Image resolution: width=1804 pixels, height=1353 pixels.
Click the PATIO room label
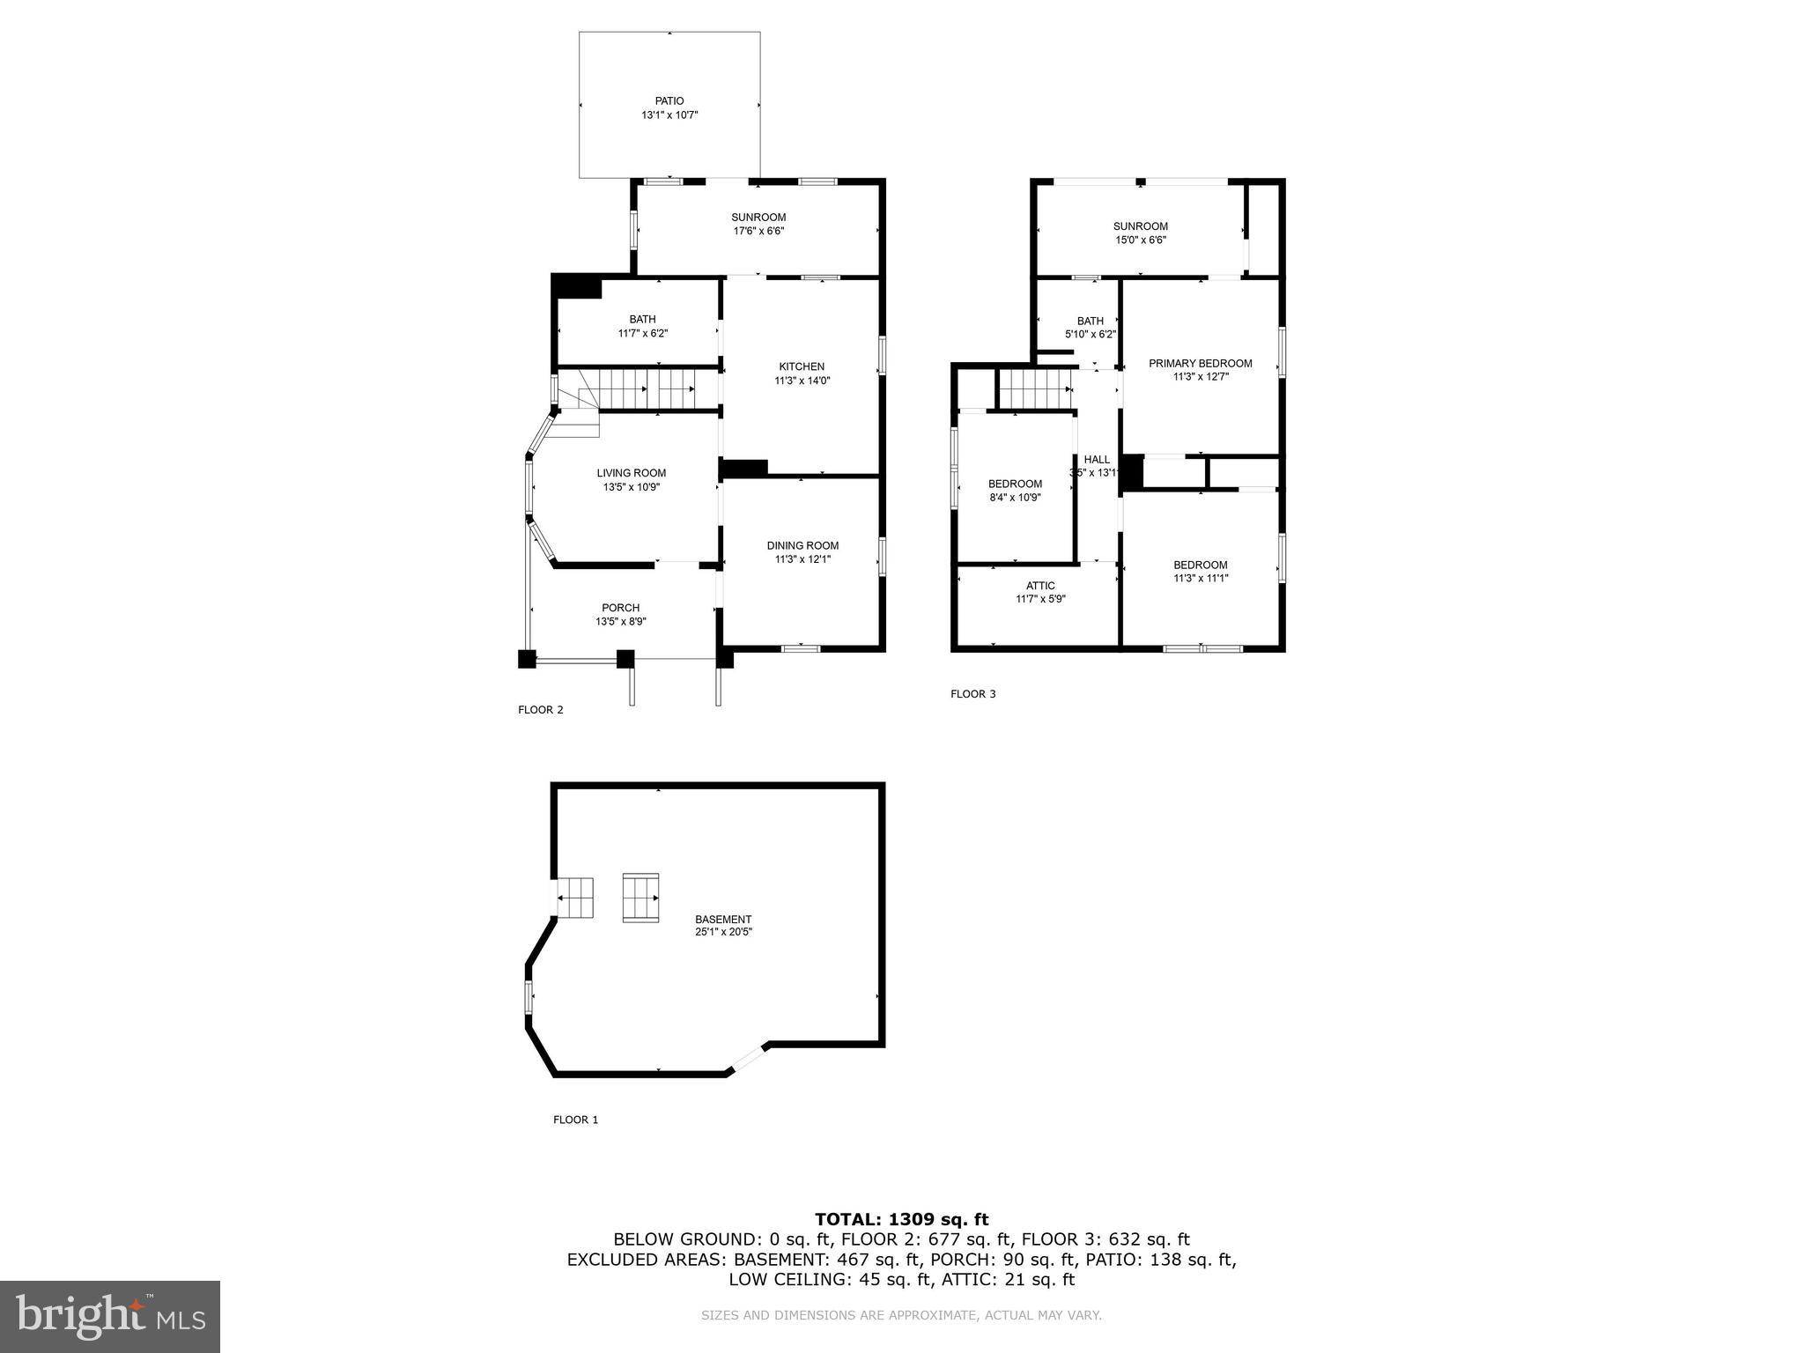[669, 101]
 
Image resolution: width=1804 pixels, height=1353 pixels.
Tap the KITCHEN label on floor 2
[802, 366]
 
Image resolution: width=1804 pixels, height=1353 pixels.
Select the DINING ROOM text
[802, 545]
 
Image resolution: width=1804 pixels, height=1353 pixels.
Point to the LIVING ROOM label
[632, 473]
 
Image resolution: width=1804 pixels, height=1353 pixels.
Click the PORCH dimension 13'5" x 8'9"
[621, 622]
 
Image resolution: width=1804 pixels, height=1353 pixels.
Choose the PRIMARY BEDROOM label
[1200, 363]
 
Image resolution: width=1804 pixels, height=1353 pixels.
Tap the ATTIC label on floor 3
[1040, 586]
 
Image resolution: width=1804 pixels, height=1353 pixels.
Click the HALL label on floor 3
[1097, 459]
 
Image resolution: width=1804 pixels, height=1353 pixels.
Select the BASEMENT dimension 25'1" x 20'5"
[723, 932]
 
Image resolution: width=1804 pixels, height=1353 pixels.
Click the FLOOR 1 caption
[575, 1120]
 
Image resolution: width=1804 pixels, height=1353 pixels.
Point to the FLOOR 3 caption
[972, 694]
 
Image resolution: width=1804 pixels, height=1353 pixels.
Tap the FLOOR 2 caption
[540, 710]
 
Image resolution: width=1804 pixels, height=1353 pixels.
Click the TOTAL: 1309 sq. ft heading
[901, 1219]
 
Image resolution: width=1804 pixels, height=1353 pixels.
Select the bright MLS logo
[110, 1316]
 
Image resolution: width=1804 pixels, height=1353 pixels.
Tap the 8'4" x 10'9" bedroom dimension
[1015, 498]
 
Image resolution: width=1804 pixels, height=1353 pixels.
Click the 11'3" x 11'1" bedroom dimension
[1200, 579]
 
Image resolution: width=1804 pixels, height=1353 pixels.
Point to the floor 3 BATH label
[1090, 321]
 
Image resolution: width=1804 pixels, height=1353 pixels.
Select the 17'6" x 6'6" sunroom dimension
[758, 232]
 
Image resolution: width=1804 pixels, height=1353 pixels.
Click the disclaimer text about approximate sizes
[901, 1315]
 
